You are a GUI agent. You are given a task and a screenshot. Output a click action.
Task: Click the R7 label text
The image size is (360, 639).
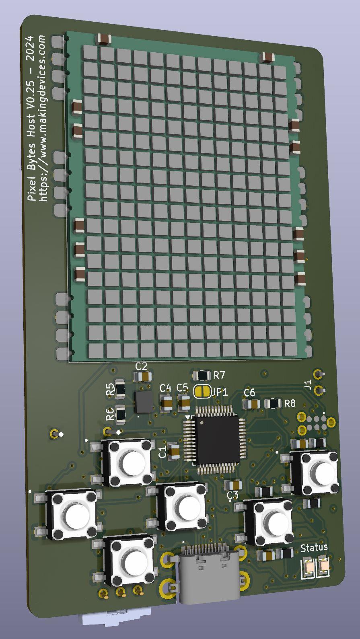click(219, 376)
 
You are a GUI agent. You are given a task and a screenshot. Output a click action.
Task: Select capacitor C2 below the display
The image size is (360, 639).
click(142, 377)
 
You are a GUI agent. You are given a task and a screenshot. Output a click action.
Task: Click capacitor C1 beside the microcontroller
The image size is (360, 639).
click(174, 451)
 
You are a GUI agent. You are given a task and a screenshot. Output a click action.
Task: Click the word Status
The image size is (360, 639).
click(314, 547)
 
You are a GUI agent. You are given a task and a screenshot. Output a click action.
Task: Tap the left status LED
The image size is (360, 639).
click(309, 566)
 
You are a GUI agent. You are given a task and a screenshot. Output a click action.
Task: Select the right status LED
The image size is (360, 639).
click(324, 566)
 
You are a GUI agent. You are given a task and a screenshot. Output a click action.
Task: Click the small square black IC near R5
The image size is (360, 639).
click(144, 402)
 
